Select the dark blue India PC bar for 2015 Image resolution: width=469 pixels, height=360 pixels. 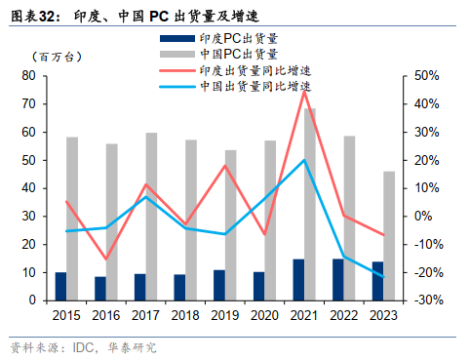[60, 286]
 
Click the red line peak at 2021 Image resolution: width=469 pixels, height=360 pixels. [304, 91]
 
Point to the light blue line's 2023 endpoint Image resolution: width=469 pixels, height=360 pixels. [383, 277]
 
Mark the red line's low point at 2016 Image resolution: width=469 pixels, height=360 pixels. [106, 260]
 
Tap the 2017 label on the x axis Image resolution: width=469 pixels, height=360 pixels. [146, 316]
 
